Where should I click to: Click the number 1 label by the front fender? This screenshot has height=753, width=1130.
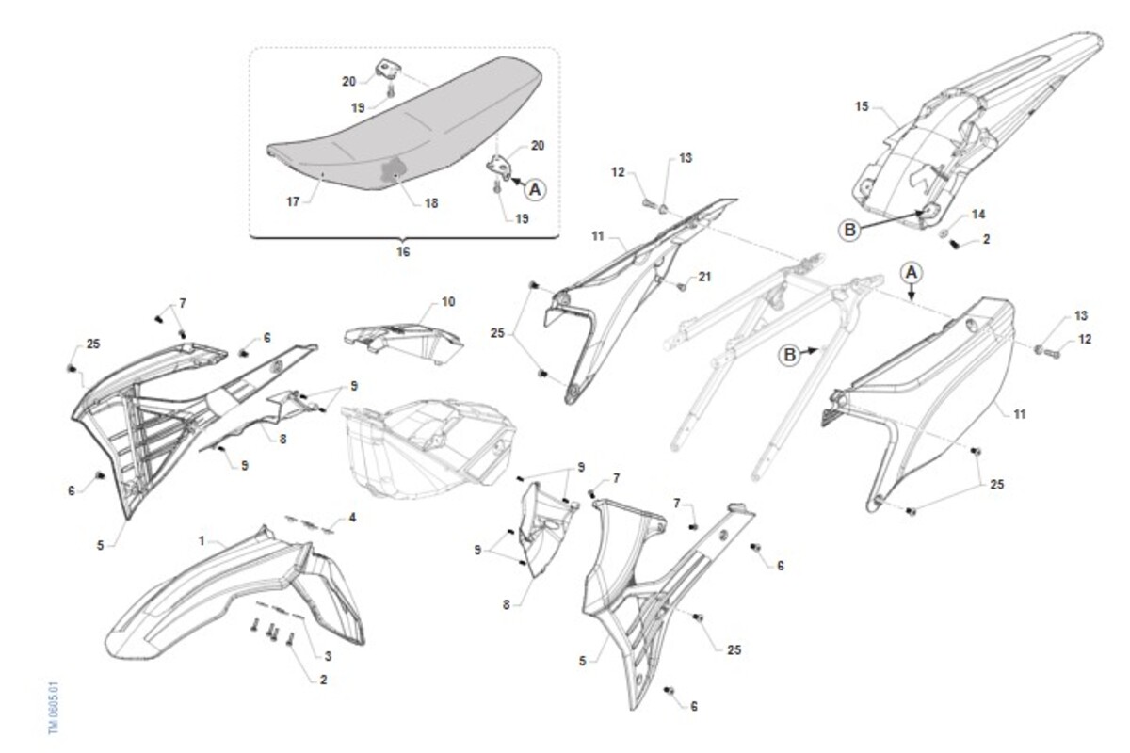click(202, 540)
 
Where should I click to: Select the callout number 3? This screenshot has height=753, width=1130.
click(328, 656)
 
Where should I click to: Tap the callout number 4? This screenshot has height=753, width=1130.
click(352, 518)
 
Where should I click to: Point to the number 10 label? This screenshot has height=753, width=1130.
click(448, 301)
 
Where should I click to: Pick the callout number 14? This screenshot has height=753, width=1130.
click(978, 215)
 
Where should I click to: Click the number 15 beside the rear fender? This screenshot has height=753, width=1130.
click(862, 106)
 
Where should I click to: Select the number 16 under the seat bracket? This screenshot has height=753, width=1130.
click(403, 251)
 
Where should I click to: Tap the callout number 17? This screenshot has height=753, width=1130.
click(293, 201)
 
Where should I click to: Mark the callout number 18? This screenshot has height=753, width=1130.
click(431, 203)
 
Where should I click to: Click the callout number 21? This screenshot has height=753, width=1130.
click(704, 277)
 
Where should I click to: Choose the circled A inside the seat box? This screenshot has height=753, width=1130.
click(535, 189)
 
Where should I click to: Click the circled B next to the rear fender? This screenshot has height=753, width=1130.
click(849, 230)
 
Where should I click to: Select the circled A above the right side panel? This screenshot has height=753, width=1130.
click(912, 273)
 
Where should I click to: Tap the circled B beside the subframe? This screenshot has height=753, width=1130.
click(789, 355)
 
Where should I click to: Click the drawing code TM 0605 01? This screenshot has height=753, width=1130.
click(54, 708)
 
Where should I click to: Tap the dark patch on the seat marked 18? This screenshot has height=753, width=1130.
click(395, 170)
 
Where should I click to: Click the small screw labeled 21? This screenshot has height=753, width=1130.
click(682, 286)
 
